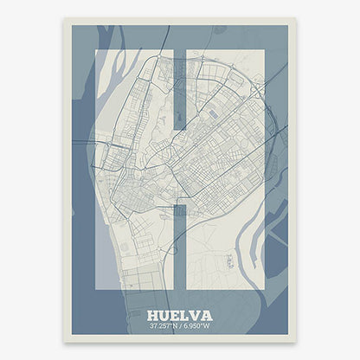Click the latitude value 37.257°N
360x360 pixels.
pyautogui.click(x=163, y=327)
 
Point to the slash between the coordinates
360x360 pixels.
pyautogui.click(x=181, y=327)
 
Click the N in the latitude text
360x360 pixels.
pyautogui.click(x=174, y=327)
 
